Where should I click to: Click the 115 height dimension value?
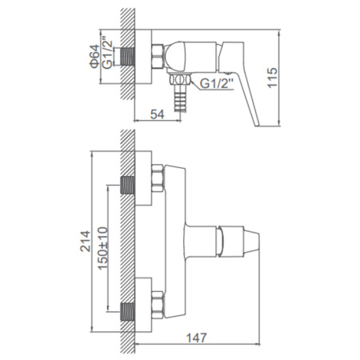point(273,78)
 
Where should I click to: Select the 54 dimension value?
point(158,114)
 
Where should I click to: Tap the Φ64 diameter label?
point(95,57)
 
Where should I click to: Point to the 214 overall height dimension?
point(86,242)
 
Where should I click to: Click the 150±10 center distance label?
point(103,248)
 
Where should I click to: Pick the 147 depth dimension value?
point(196,338)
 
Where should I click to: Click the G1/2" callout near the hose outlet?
point(217,84)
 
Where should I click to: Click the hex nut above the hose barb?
point(180,79)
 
